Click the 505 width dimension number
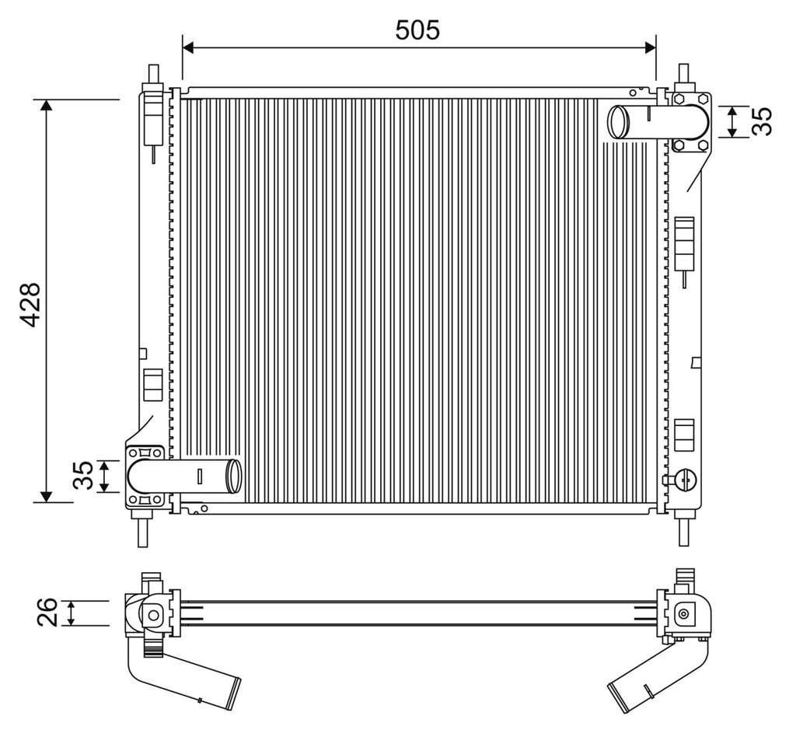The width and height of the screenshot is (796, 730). (x=417, y=30)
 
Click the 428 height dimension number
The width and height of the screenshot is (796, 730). (x=30, y=304)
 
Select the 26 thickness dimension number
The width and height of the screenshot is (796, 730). (x=47, y=613)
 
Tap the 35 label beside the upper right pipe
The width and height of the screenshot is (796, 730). (x=762, y=121)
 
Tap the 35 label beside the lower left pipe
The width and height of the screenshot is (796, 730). (x=83, y=475)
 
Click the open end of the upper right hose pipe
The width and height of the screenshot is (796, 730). (x=618, y=121)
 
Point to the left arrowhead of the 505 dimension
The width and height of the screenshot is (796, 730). (x=188, y=47)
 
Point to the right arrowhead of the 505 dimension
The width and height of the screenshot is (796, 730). (x=650, y=47)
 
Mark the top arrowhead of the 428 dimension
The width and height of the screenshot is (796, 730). (x=46, y=106)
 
